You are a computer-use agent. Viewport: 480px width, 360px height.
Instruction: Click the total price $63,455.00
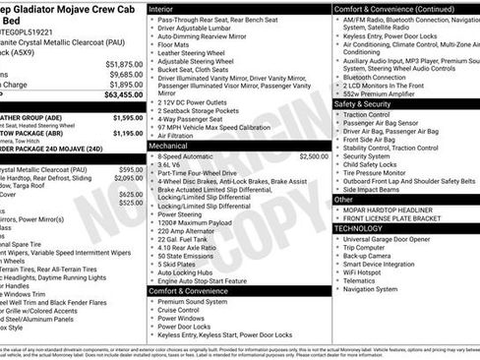[x=122, y=96]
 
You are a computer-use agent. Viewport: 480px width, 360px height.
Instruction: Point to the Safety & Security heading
[x=370, y=102]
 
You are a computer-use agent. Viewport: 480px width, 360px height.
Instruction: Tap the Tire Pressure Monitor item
[x=389, y=171]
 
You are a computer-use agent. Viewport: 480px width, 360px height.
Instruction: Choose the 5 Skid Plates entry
[x=177, y=265]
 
